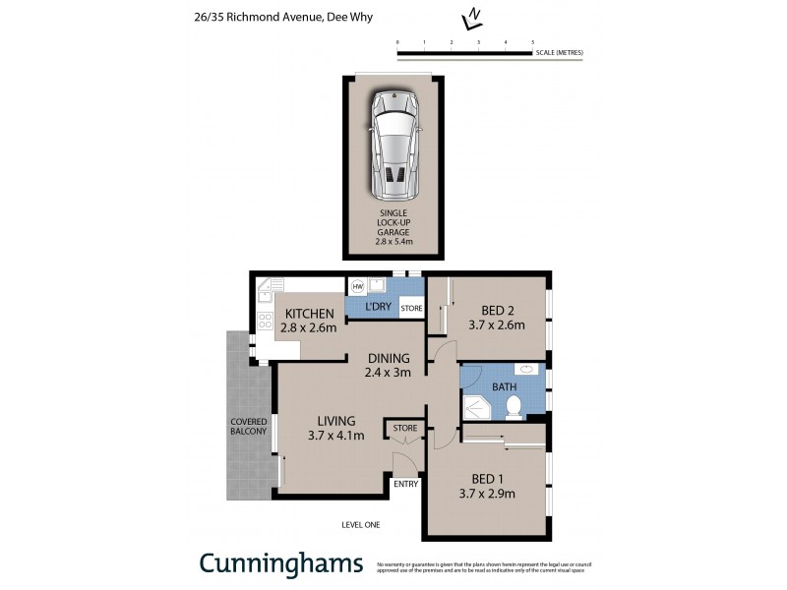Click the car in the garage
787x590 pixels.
click(393, 144)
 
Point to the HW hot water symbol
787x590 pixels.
click(356, 286)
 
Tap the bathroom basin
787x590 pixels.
click(529, 370)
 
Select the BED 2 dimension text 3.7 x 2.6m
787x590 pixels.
click(498, 324)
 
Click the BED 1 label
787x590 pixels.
click(489, 479)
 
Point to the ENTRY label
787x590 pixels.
click(405, 484)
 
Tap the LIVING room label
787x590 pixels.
click(335, 421)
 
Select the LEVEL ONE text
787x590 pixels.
click(359, 525)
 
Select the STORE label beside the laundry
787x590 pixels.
click(412, 309)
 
